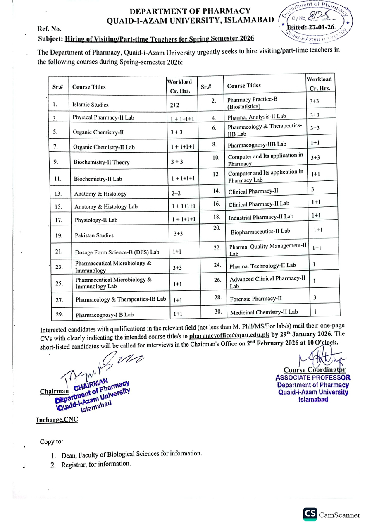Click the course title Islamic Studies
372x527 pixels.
90,105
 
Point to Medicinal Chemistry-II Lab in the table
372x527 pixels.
264,312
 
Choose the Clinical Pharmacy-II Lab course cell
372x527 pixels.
259,204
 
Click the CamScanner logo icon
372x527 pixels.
310,514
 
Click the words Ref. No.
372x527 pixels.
49,29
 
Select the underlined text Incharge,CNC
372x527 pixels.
57,419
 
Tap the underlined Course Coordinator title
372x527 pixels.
315,370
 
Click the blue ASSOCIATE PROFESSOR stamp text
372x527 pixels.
313,377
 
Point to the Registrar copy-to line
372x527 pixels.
96,464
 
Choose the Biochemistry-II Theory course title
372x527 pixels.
101,162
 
